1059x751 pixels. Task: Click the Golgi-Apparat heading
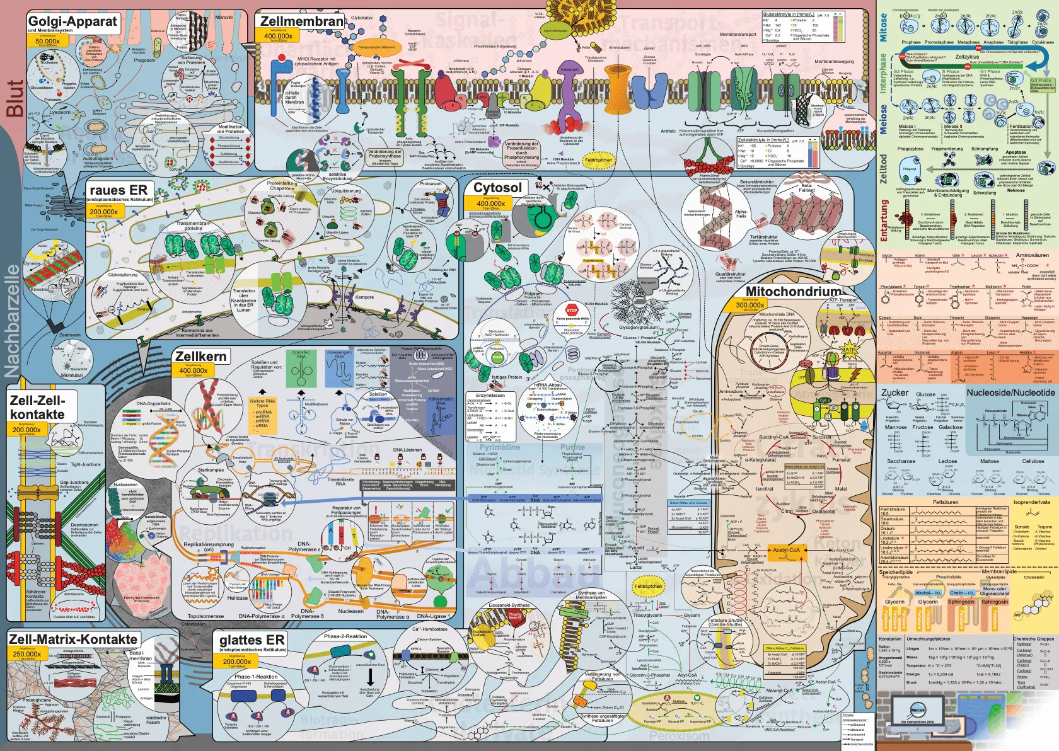tap(72, 22)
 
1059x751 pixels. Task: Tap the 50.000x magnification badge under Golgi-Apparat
tap(48, 41)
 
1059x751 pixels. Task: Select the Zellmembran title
tap(302, 21)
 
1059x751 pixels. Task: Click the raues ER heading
tap(119, 190)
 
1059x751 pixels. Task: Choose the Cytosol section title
tap(497, 188)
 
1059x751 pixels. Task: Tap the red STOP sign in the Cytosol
tap(572, 310)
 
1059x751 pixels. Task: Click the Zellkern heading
tap(200, 356)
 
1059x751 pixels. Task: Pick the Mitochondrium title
tap(793, 291)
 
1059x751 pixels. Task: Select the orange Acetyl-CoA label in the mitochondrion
tap(786, 550)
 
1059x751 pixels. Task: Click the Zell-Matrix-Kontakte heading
tap(73, 639)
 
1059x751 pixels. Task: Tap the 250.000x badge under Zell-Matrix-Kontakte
tap(27, 654)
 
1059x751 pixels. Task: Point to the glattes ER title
tap(252, 640)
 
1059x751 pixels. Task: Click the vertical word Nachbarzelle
tap(13, 321)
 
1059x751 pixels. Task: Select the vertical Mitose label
tap(883, 28)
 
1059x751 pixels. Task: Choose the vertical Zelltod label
tap(883, 168)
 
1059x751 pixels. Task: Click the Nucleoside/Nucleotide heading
tap(1010, 393)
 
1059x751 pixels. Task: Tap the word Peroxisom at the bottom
tap(679, 736)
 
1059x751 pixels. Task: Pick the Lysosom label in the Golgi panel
tap(60, 112)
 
